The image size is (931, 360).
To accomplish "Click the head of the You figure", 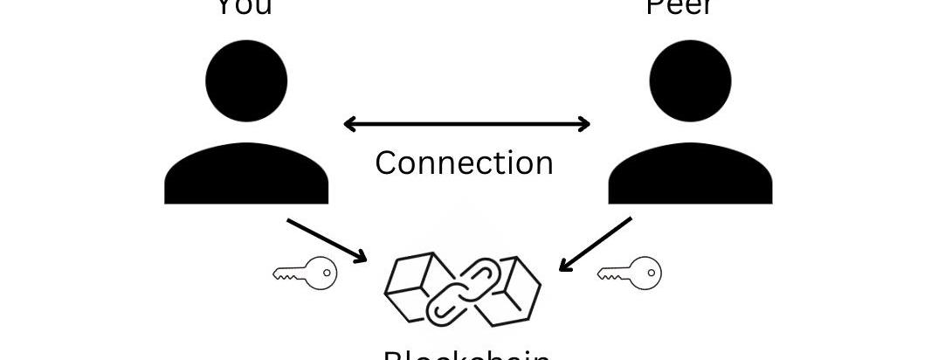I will coord(246,80).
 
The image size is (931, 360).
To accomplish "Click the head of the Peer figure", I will coord(690,80).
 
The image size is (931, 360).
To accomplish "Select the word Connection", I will coord(464,163).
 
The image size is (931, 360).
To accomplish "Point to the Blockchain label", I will coord(466,354).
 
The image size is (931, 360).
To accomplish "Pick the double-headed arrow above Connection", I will coord(466,124).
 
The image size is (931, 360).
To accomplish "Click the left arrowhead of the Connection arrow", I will coord(349,124).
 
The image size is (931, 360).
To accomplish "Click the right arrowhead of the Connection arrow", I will coord(584,124).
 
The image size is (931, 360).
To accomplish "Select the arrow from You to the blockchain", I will coord(327,240).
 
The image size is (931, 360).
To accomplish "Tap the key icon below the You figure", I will coord(305,273).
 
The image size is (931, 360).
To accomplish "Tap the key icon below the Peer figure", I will coord(629,273).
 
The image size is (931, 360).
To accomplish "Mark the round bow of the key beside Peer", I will coord(645,273).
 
